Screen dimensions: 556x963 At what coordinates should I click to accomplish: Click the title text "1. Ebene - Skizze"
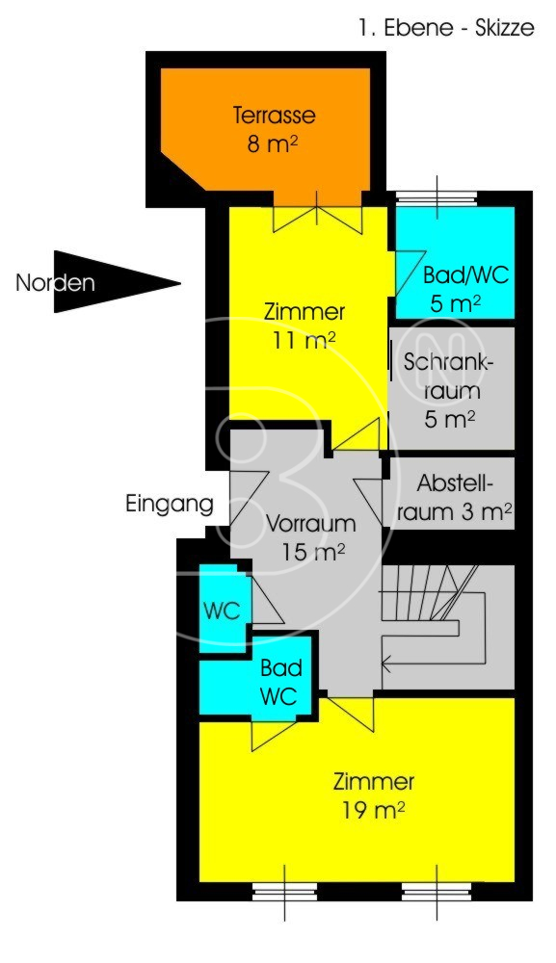[447, 28]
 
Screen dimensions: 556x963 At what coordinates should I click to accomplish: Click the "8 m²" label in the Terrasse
[273, 143]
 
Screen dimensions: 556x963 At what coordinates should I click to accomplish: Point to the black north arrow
[117, 282]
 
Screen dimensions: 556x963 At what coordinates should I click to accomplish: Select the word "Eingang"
[170, 505]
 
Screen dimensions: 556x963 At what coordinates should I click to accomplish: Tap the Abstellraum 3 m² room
[454, 493]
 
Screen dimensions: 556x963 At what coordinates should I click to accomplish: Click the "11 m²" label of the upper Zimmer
[304, 340]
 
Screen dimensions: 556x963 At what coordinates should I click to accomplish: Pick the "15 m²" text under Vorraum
[313, 552]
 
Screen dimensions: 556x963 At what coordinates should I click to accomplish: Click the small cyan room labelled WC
[223, 608]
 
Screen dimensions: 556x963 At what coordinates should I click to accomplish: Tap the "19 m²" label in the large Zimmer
[374, 811]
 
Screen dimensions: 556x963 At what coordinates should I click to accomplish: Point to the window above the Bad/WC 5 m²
[437, 198]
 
